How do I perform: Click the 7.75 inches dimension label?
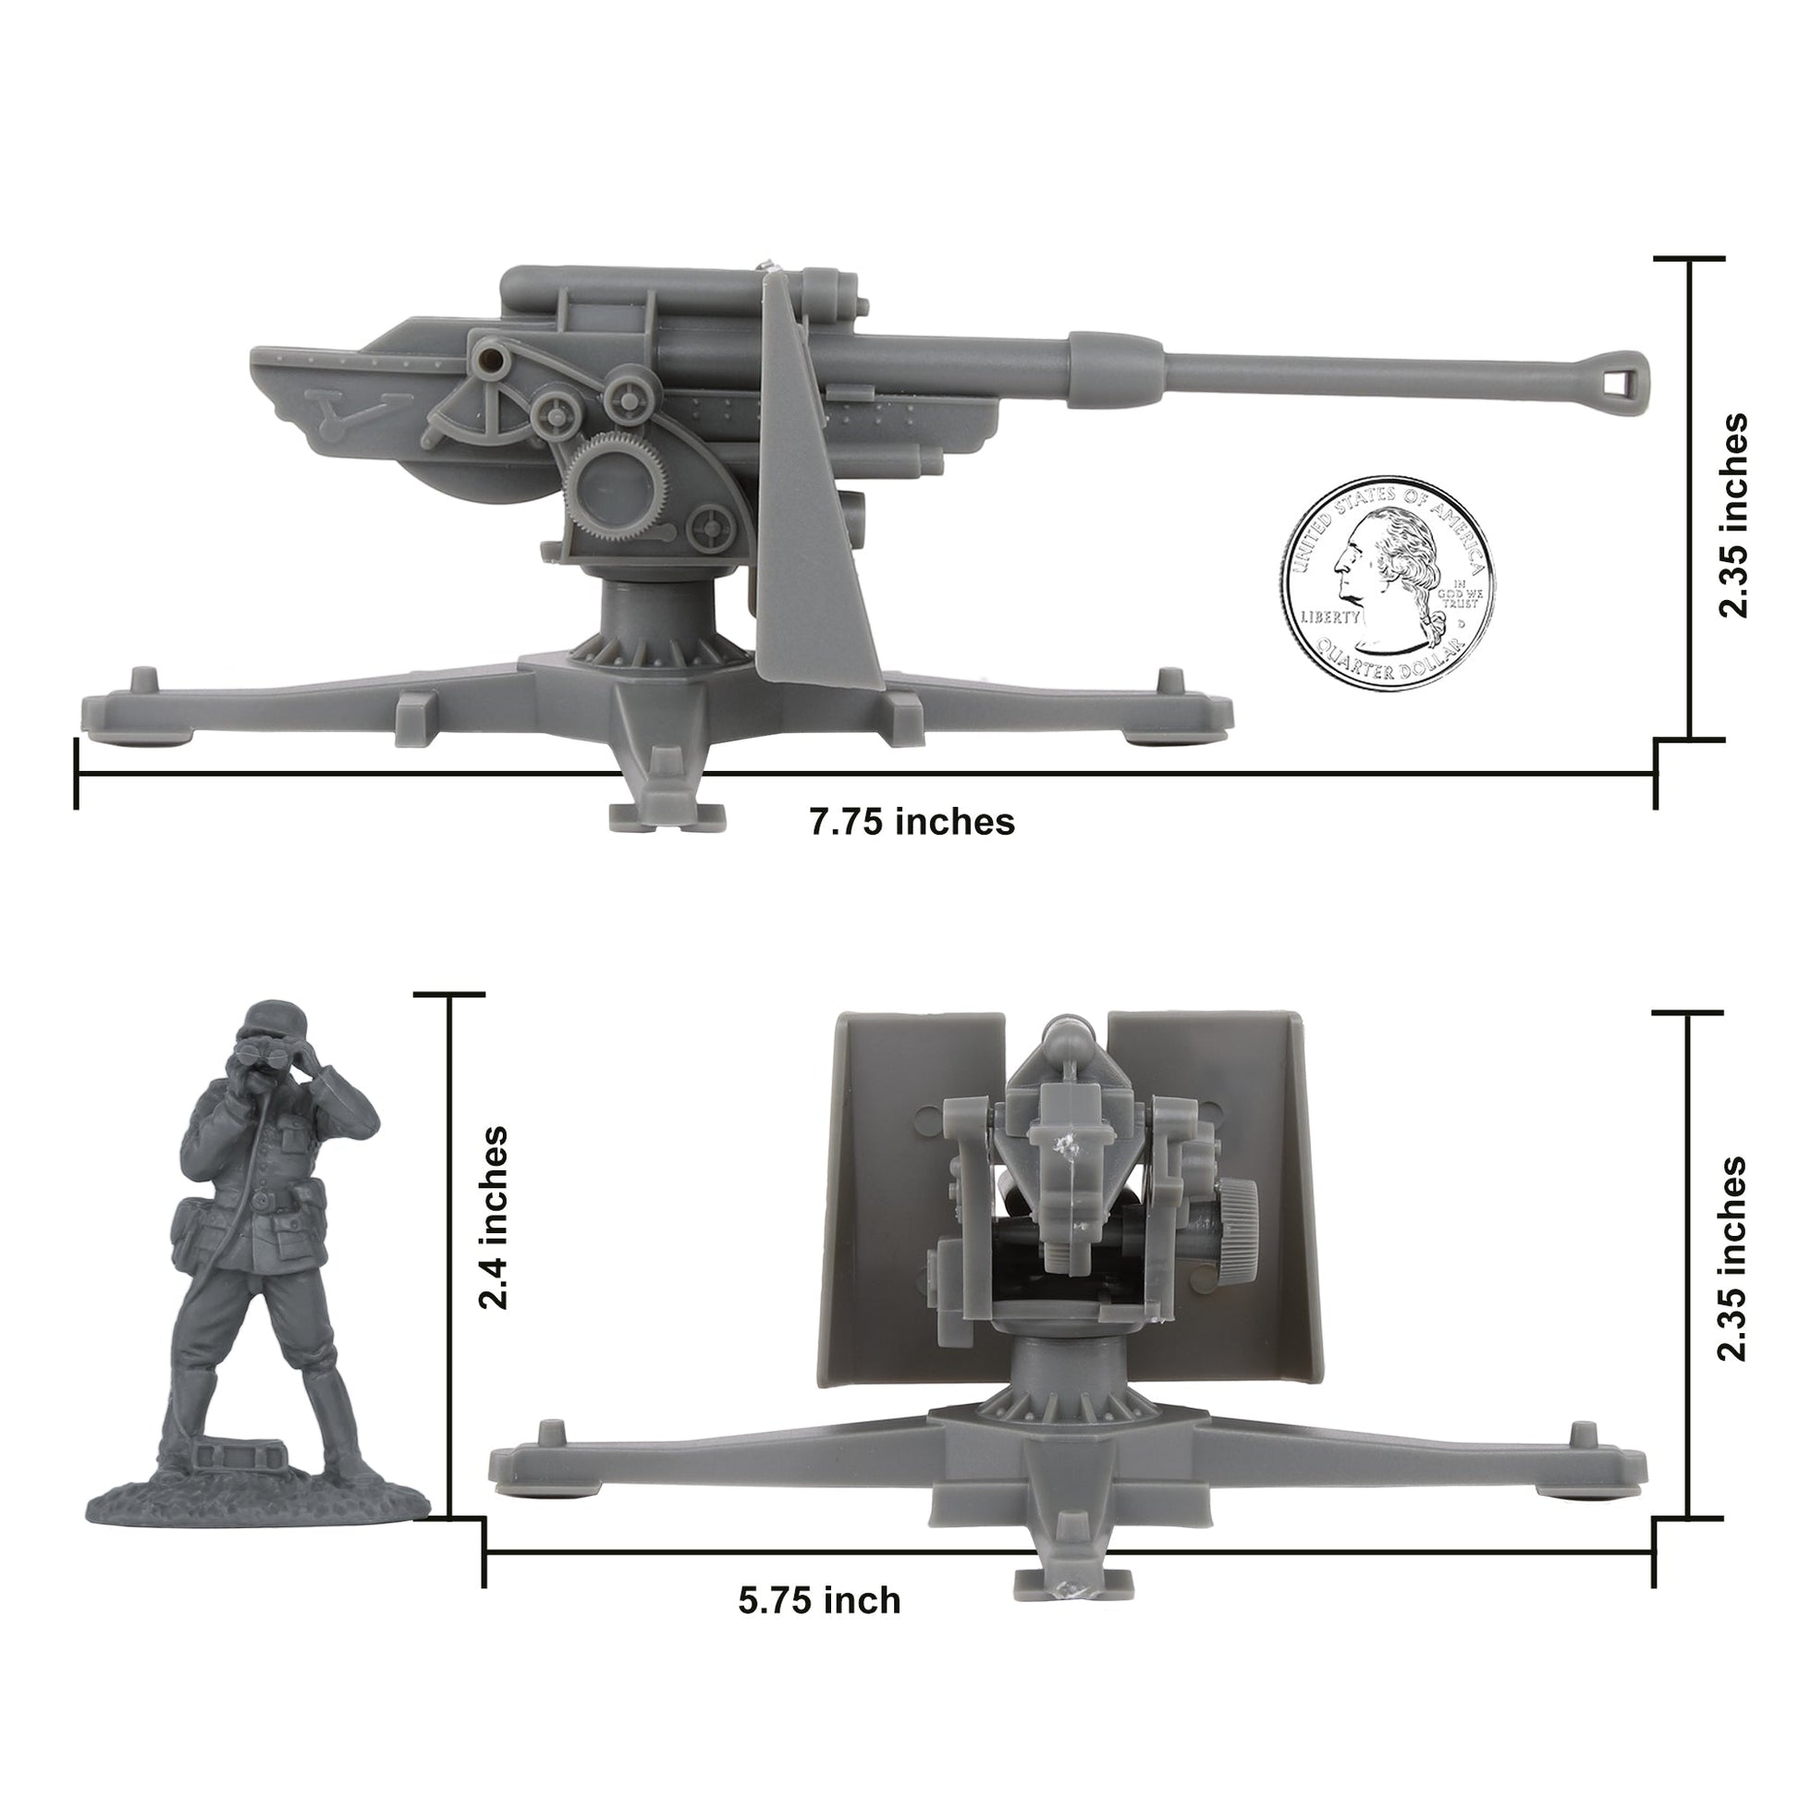pyautogui.click(x=912, y=822)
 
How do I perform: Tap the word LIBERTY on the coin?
pyautogui.click(x=1329, y=618)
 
